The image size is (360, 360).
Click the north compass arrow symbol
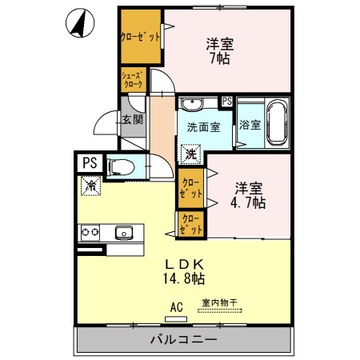pyautogui.click(x=78, y=23)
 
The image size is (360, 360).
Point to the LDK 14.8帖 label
pyautogui.click(x=186, y=271)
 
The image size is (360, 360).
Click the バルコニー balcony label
pyautogui.click(x=183, y=340)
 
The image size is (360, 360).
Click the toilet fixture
pyautogui.click(x=121, y=168)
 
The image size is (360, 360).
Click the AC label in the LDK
pyautogui.click(x=176, y=306)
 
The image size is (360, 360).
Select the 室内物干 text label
pyautogui.click(x=218, y=302)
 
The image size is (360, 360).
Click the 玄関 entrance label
pyautogui.click(x=132, y=120)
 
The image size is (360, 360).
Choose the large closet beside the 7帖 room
pyautogui.click(x=141, y=37)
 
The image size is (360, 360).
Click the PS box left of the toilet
pyautogui.click(x=88, y=162)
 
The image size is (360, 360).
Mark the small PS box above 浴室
pyautogui.click(x=227, y=101)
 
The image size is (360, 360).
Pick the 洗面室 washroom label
pyautogui.click(x=202, y=127)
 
